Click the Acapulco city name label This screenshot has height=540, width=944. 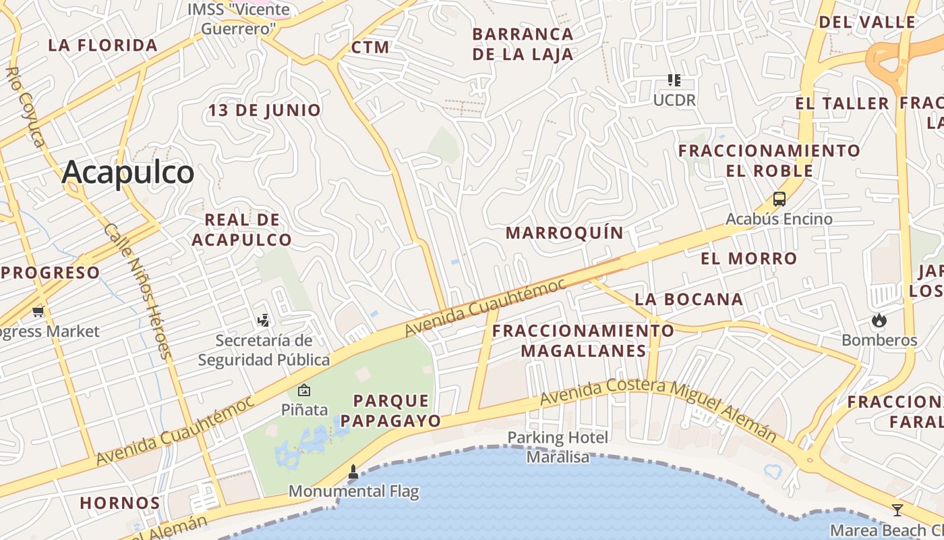[128, 173]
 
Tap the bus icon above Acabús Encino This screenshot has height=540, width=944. [779, 199]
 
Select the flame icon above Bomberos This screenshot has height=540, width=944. [879, 320]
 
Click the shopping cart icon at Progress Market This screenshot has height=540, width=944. [38, 311]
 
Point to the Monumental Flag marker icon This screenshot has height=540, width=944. [353, 472]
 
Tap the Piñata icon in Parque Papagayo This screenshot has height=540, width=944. [304, 390]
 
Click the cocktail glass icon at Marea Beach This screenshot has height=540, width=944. [897, 510]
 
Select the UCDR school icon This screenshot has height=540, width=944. [674, 81]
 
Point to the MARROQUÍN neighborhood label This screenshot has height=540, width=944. [564, 233]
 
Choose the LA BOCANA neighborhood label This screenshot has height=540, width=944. [688, 299]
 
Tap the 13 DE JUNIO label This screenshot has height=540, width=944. [264, 110]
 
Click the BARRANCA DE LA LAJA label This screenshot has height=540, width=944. [523, 44]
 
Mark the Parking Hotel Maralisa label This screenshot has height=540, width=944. [558, 447]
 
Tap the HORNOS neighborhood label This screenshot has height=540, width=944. [120, 503]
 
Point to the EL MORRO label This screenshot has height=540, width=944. [748, 259]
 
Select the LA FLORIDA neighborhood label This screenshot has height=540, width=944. [102, 45]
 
